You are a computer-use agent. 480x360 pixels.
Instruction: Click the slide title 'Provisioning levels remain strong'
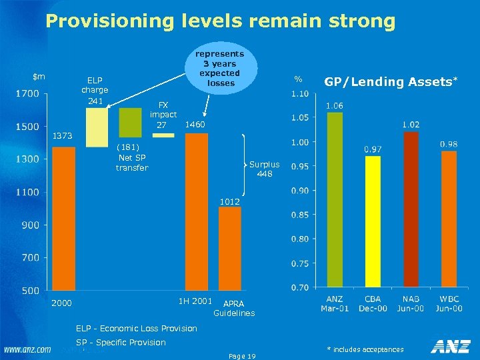click(220, 21)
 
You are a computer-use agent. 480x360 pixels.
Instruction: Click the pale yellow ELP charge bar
click(97, 127)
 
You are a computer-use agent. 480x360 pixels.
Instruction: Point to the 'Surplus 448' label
click(265, 169)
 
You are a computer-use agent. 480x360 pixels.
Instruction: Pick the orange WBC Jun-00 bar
click(449, 219)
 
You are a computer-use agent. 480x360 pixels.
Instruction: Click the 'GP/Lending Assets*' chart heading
click(391, 82)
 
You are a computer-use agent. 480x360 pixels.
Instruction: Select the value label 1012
click(230, 201)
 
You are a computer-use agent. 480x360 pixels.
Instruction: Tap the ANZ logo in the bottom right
click(450, 346)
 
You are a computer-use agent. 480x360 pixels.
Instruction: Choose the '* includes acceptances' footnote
click(365, 349)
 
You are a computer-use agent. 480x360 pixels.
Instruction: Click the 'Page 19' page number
click(242, 356)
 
